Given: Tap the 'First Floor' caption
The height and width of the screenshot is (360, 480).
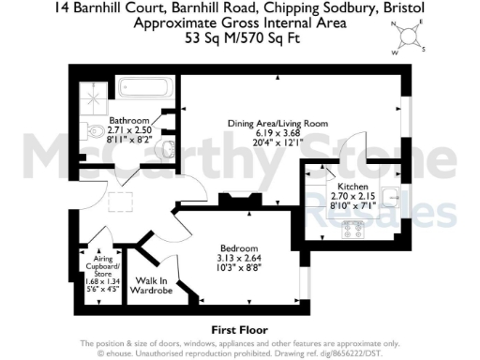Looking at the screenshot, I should click(239, 329).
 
